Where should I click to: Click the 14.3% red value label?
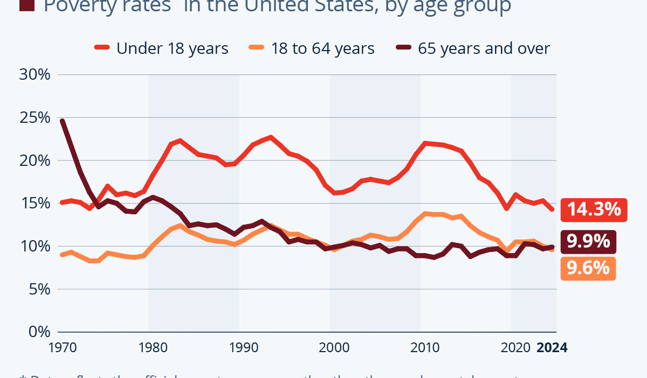[594, 209]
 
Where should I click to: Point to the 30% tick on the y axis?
[35, 74]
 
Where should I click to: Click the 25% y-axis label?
[35, 117]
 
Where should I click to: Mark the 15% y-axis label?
[35, 203]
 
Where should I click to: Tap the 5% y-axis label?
[39, 289]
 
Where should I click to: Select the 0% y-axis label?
[39, 332]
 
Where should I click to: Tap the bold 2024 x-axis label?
[552, 348]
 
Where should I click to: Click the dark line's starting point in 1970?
[63, 121]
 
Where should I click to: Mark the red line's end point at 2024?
[552, 209]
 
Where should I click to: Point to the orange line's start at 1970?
[63, 255]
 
